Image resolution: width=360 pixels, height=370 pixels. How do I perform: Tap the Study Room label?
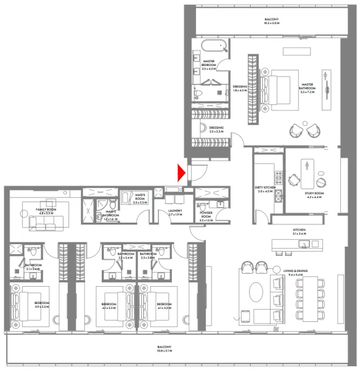pos(314,195)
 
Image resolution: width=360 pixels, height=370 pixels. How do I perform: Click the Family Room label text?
pos(46,211)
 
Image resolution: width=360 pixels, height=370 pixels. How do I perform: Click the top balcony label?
pos(271,20)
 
